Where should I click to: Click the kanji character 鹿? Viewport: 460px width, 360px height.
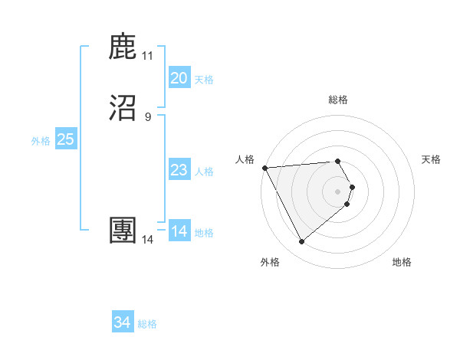tap(123, 47)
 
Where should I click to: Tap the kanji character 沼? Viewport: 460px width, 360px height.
tap(123, 109)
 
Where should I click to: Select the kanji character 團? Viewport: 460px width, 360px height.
tap(123, 231)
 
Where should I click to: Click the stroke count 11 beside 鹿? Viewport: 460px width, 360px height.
tap(147, 56)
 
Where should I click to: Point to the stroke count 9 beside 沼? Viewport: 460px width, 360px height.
tap(147, 117)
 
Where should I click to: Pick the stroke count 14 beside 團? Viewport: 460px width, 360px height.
tap(147, 240)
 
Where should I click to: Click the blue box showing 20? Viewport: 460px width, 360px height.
tap(179, 78)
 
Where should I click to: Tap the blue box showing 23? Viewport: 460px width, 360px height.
tap(179, 170)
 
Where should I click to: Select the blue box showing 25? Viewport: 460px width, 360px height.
tap(66, 139)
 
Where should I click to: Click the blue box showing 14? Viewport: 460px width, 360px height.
tap(179, 231)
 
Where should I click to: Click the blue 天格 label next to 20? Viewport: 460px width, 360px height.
tap(204, 80)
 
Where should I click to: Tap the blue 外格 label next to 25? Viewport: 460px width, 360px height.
tap(41, 141)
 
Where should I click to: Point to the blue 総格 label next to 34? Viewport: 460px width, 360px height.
tap(147, 325)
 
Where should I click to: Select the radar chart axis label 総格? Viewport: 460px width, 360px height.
tap(338, 100)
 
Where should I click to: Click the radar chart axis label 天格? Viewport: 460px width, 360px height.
tap(432, 159)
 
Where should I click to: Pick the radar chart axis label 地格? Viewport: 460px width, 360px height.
tap(402, 262)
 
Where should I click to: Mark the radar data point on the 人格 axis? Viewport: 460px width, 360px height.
tap(264, 167)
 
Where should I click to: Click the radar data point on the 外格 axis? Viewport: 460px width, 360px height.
tap(301, 242)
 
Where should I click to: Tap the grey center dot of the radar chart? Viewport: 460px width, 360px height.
tap(338, 191)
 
